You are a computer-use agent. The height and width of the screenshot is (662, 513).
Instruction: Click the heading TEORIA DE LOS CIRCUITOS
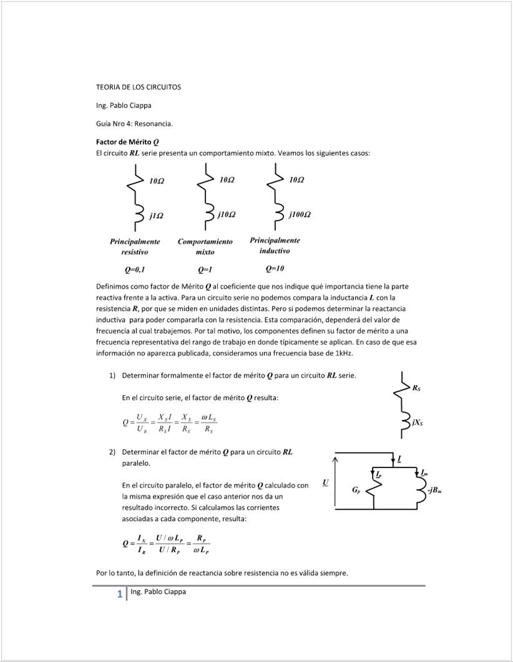click(x=138, y=87)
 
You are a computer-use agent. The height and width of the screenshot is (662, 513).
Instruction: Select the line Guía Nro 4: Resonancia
click(x=134, y=123)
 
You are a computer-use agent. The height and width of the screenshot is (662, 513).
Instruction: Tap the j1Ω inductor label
click(x=156, y=216)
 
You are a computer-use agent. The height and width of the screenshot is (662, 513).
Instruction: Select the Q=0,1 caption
click(x=135, y=270)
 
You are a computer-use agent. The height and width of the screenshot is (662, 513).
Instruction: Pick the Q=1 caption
click(x=205, y=270)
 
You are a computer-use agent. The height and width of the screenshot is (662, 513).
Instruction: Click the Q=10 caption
click(x=275, y=269)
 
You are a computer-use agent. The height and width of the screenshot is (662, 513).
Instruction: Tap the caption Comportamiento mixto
click(x=205, y=246)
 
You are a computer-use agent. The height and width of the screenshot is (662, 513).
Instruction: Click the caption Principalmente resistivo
click(x=135, y=246)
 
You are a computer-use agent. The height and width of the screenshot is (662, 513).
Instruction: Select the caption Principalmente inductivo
click(x=275, y=245)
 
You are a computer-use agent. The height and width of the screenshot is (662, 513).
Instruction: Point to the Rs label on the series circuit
click(x=416, y=388)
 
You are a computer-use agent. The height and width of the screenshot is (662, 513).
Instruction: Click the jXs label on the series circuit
click(x=417, y=422)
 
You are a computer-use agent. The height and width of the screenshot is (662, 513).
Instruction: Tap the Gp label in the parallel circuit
click(x=356, y=491)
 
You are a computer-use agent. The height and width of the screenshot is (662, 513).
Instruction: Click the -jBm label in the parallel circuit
click(x=436, y=490)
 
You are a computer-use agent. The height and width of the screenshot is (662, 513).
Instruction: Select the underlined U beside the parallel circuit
click(x=325, y=482)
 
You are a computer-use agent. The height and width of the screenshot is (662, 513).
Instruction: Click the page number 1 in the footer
click(x=119, y=595)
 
